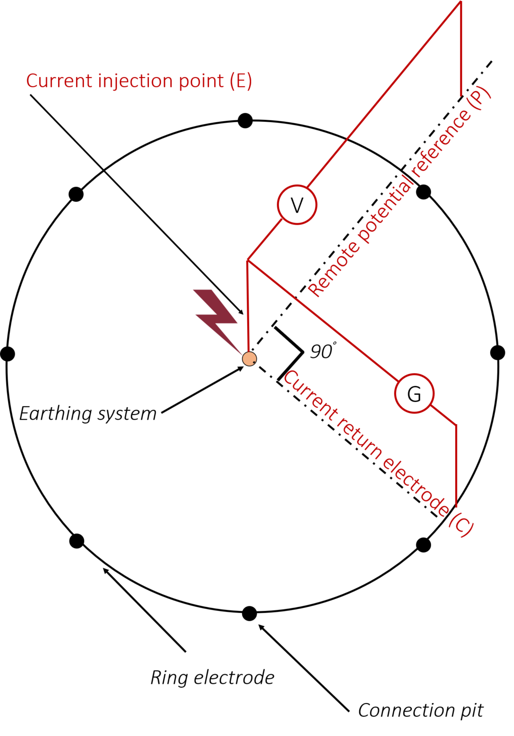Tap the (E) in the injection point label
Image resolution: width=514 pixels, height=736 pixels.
[240, 81]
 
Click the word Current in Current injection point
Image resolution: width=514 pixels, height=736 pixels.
[59, 81]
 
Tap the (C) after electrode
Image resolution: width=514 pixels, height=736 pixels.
[460, 525]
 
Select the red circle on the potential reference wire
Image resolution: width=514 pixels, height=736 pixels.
[297, 205]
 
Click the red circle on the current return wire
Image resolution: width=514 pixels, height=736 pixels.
[414, 393]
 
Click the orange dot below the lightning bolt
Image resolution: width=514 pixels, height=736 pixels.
[249, 358]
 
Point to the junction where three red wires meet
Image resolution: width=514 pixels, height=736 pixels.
[247, 261]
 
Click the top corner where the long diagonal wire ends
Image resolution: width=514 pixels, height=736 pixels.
[460, 2]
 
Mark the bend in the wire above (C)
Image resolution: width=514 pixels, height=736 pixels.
[456, 425]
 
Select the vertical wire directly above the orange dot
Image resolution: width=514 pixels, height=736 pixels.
[248, 307]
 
